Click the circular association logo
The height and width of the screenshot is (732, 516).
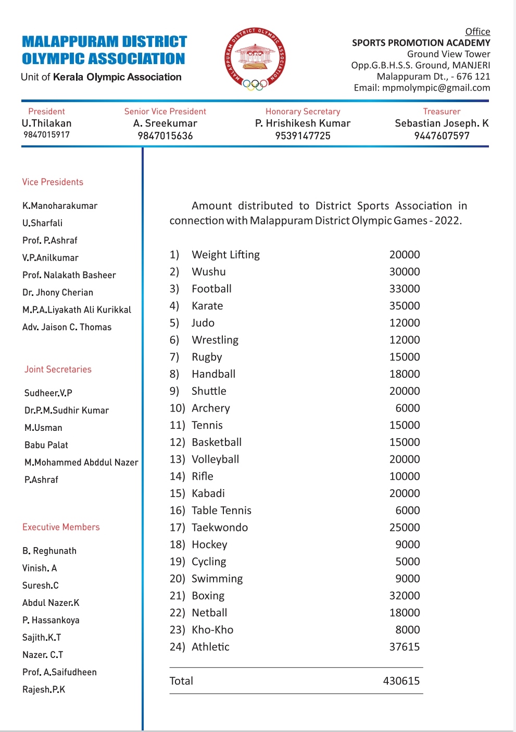point(255,59)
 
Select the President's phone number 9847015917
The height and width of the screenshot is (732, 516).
point(46,135)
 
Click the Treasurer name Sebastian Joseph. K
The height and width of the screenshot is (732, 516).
point(442,123)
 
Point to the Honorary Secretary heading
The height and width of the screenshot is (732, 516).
point(303,111)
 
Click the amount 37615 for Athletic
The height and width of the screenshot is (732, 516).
point(404,647)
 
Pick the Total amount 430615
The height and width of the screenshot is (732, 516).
point(401,681)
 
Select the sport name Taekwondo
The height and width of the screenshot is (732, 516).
point(220,528)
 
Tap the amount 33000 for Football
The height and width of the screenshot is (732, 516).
point(404,289)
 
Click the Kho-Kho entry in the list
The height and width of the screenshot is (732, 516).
point(212,630)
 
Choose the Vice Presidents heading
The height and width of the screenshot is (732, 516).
point(53,182)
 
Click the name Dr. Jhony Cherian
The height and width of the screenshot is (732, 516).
point(58,293)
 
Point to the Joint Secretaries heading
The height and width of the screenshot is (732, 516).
point(58,369)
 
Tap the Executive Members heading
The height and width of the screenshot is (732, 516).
point(61,527)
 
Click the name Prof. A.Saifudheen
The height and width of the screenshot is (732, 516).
point(59,673)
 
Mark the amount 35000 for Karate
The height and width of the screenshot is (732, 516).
point(404,306)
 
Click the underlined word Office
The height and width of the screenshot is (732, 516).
point(477,32)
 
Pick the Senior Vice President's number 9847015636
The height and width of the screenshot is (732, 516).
point(165,136)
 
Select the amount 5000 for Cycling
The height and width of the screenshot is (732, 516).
point(407,562)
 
